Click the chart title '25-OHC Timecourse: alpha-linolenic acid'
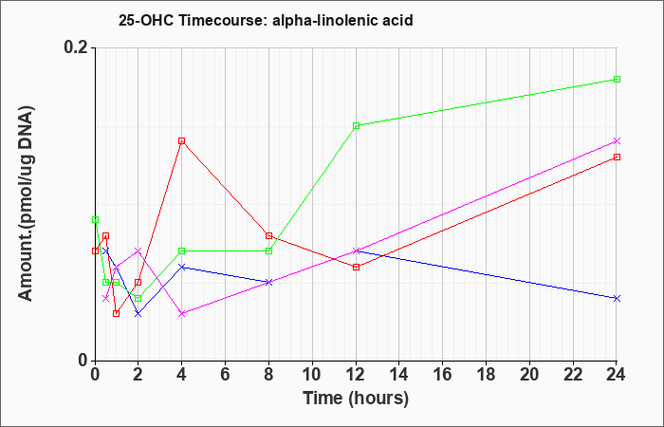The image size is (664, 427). click(x=266, y=20)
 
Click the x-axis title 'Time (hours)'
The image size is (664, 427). click(x=356, y=399)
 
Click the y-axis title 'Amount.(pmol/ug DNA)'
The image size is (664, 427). click(x=27, y=203)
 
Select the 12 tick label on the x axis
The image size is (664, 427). click(x=356, y=375)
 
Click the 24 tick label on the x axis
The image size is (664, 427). click(x=617, y=375)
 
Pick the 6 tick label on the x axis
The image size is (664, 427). click(x=226, y=375)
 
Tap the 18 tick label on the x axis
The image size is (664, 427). click(x=486, y=375)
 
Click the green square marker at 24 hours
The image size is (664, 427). click(x=617, y=79)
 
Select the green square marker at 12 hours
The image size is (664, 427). click(x=356, y=126)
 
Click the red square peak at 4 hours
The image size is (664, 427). click(x=182, y=141)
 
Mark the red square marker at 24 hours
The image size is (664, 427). click(x=617, y=158)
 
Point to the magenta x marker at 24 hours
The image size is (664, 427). click(x=617, y=141)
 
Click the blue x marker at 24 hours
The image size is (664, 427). click(x=617, y=298)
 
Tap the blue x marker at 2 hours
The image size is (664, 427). click(x=138, y=313)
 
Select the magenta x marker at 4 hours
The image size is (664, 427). click(x=182, y=313)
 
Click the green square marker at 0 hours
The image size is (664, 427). click(x=95, y=219)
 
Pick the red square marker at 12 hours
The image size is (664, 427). click(x=356, y=267)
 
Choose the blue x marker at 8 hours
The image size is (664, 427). click(x=268, y=282)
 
